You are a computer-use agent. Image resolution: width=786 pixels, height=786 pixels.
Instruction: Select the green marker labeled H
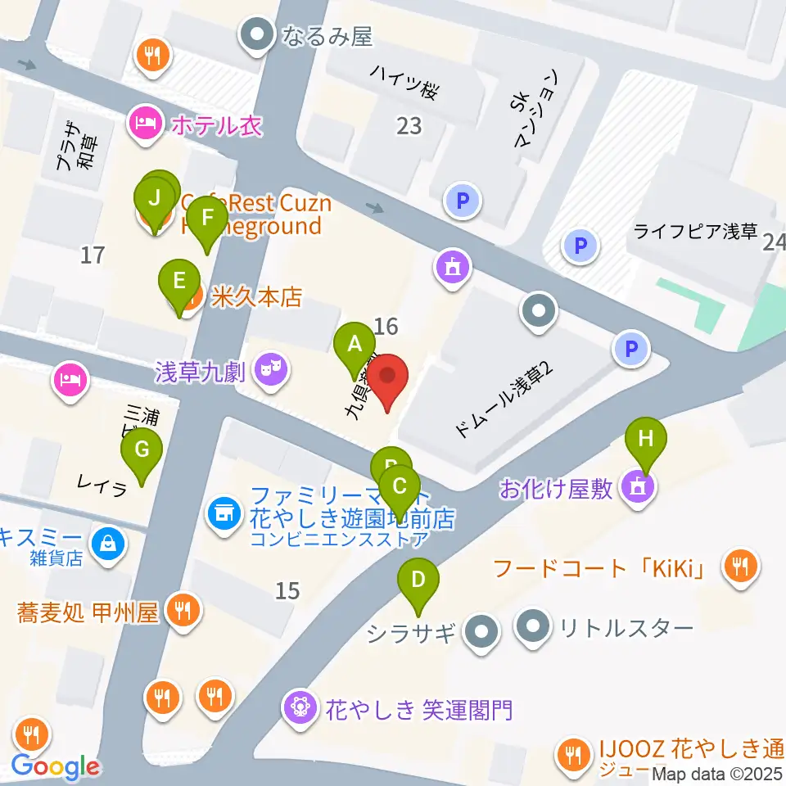point(646,439)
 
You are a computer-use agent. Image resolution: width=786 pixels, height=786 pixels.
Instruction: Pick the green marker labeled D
point(418,580)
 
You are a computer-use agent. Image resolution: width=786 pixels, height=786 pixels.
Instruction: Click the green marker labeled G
point(142,450)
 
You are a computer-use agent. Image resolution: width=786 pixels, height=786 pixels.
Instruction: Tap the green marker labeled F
point(206,219)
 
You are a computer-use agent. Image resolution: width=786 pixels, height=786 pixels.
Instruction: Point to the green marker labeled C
point(399,487)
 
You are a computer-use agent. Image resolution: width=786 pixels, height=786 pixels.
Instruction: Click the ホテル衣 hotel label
point(215,125)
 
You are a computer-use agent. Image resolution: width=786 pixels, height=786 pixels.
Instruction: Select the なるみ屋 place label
point(326,35)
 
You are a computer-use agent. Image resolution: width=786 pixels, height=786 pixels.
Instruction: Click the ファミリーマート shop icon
point(223,513)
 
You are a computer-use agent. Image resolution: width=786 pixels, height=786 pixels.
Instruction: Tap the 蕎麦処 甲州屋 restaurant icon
point(178,609)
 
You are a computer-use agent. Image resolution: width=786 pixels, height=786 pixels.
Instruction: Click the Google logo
point(55,766)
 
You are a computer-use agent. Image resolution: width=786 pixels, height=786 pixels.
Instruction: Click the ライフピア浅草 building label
point(696,232)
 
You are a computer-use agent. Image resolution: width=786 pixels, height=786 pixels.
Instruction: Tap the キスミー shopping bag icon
point(107,541)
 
